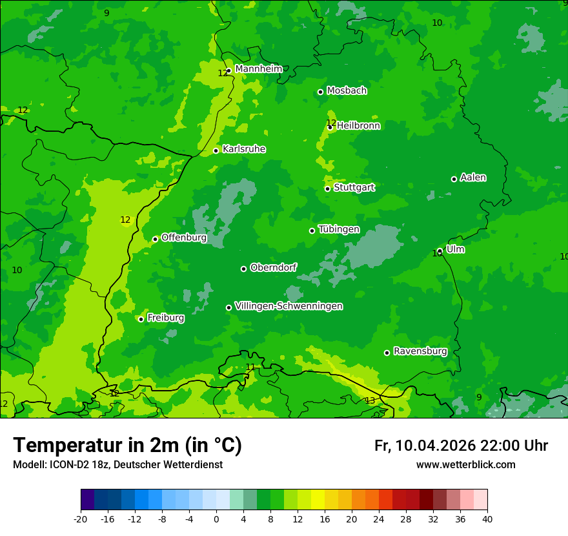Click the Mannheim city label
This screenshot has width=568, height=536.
258,69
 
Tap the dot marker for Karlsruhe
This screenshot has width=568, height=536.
216,151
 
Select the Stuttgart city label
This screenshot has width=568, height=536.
354,187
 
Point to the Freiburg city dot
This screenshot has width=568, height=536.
141,319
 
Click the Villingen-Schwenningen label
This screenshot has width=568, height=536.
289,306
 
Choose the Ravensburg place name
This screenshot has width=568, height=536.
420,351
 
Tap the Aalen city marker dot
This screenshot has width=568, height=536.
454,179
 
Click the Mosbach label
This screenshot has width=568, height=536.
347,90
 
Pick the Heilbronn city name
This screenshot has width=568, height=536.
358,126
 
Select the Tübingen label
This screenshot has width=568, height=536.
339,229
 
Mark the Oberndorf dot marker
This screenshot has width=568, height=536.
243,269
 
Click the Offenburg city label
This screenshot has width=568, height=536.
184,238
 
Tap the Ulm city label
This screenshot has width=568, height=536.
455,249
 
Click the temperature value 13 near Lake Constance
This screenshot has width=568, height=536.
370,401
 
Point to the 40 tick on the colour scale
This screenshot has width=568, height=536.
487,519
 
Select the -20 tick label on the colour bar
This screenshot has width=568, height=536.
81,519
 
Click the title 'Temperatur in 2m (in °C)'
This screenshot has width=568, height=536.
127,445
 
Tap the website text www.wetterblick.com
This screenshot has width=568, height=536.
465,464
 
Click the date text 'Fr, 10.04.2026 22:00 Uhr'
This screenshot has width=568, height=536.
461,446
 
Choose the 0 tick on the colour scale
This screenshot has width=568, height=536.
216,519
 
